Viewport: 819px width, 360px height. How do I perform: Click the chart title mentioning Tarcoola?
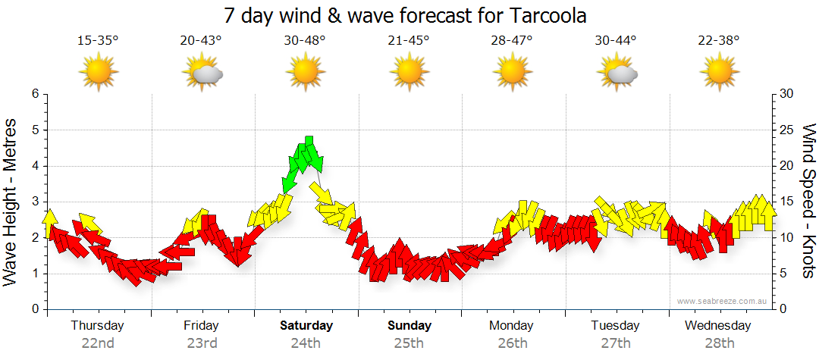point(406,15)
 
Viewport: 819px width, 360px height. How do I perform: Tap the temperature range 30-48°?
point(305,41)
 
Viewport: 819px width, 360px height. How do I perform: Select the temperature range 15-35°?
point(98,41)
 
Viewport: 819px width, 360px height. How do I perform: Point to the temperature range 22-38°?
point(719,41)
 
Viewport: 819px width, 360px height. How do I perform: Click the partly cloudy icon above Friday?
point(202,74)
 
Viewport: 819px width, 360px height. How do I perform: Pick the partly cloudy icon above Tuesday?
point(616,74)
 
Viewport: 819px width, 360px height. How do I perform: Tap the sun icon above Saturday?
point(305,74)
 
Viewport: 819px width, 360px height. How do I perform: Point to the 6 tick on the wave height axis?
point(34,94)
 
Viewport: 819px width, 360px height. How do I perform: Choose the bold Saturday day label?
point(306,326)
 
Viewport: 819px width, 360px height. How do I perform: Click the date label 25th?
point(409,343)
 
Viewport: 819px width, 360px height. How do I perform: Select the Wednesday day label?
point(717,326)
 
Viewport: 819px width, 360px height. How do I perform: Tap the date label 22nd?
point(98,343)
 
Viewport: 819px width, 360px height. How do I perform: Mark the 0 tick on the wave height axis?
point(34,309)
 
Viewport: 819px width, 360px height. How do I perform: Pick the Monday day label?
point(513,326)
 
